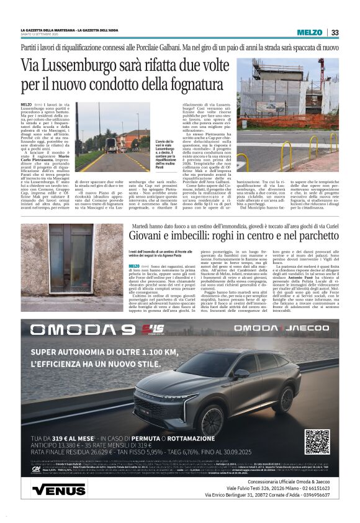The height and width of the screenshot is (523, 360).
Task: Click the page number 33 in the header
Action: point(335,32)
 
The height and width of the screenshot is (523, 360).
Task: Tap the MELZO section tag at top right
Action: point(309,32)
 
